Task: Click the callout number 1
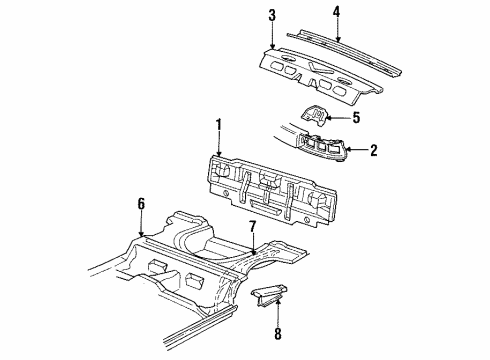point(218,128)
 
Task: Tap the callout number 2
point(372,151)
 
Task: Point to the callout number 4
point(336,12)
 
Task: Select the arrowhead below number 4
point(336,41)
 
